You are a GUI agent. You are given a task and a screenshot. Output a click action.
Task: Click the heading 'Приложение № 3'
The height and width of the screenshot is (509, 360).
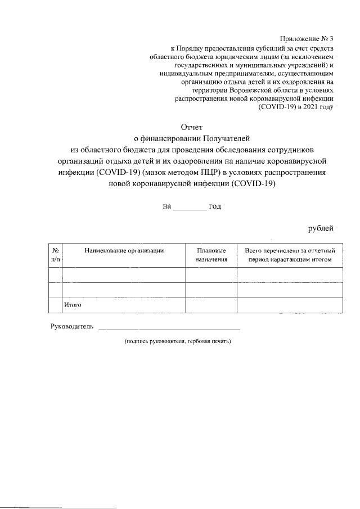[x=307, y=39]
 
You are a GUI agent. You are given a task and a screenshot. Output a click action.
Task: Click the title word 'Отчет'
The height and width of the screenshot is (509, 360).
[x=191, y=128]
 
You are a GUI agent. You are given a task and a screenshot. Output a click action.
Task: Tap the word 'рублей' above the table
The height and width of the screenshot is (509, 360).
[x=321, y=228]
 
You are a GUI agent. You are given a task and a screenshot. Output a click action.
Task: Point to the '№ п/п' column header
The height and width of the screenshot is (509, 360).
[x=56, y=255]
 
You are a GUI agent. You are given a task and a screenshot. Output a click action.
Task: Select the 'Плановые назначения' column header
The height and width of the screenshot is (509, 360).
[x=211, y=255]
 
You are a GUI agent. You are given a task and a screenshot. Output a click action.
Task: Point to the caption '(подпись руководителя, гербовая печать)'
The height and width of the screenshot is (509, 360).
[x=178, y=341]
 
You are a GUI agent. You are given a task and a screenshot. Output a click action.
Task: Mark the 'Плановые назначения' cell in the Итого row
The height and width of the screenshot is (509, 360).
[x=211, y=305]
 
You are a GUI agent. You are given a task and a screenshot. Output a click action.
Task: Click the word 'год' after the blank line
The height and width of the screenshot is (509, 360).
[x=215, y=206]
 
